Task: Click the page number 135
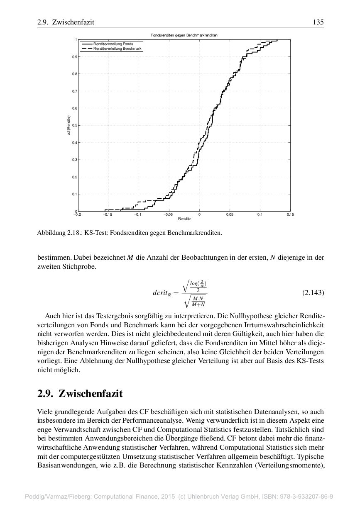coord(318,22)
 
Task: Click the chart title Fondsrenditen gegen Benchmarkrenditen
coord(184,35)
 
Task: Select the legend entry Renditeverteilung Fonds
coord(113,44)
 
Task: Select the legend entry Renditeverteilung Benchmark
coord(118,49)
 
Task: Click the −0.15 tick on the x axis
coord(108,214)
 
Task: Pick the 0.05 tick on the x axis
coord(230,214)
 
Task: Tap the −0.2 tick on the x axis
coord(77,214)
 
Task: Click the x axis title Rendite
coord(184,218)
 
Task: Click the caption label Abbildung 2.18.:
coord(59,233)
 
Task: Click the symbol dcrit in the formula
coord(162,293)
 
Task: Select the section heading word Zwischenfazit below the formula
coord(91,393)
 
